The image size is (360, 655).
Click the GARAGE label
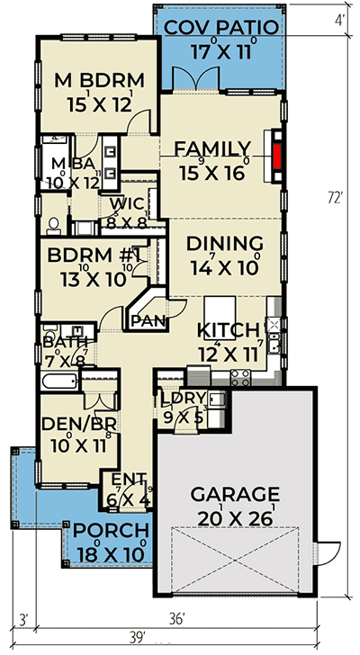(x=235, y=494)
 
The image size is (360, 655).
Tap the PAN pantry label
(x=148, y=321)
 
